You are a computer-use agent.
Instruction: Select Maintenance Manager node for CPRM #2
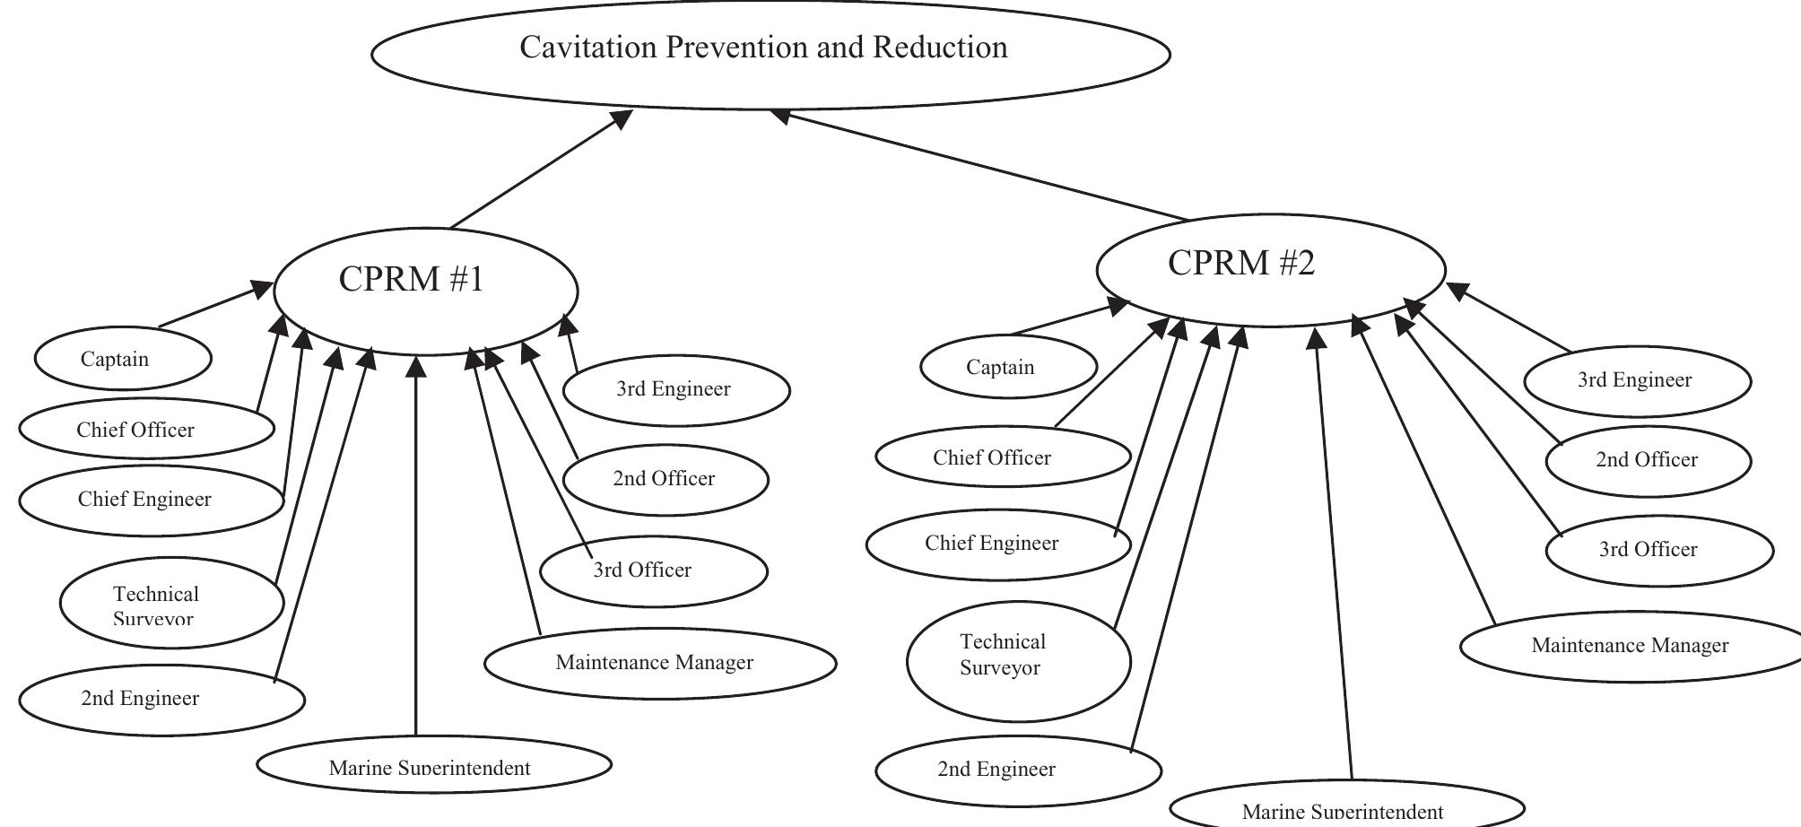point(1631,646)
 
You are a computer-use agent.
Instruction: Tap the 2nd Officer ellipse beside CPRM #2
point(1648,460)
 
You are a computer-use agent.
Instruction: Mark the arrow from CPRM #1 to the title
point(538,170)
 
